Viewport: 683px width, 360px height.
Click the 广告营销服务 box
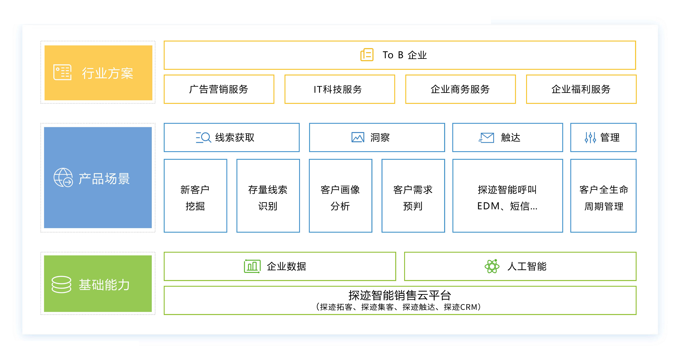pyautogui.click(x=219, y=89)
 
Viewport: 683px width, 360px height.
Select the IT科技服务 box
pyautogui.click(x=340, y=89)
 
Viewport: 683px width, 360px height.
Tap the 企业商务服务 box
pyautogui.click(x=460, y=89)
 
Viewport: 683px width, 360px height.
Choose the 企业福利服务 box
pyautogui.click(x=581, y=89)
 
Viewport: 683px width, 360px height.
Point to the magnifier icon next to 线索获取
pyautogui.click(x=203, y=137)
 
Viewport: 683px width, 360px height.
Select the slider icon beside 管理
pyautogui.click(x=590, y=137)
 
